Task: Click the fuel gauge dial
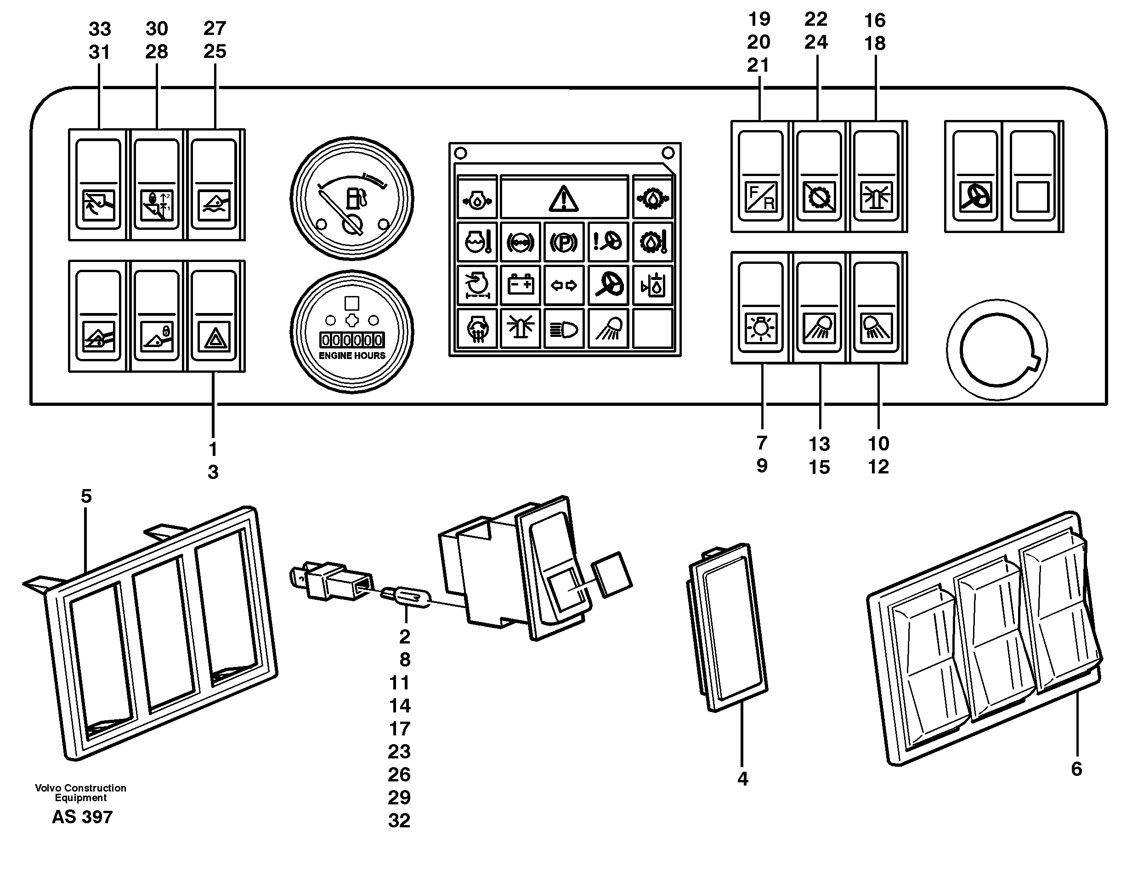pyautogui.click(x=352, y=199)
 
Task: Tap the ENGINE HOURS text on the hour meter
pyautogui.click(x=352, y=356)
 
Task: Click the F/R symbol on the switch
pyautogui.click(x=761, y=197)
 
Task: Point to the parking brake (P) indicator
pyautogui.click(x=563, y=242)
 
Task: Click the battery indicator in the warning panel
pyautogui.click(x=520, y=285)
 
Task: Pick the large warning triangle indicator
pyautogui.click(x=563, y=198)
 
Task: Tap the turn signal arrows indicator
pyautogui.click(x=563, y=286)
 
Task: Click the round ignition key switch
pyautogui.click(x=996, y=350)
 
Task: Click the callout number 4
pyautogui.click(x=742, y=779)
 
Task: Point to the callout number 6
pyautogui.click(x=1076, y=769)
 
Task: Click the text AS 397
pyautogui.click(x=82, y=817)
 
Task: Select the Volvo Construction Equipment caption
pyautogui.click(x=80, y=792)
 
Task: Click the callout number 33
pyautogui.click(x=99, y=29)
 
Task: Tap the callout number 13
pyautogui.click(x=819, y=444)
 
